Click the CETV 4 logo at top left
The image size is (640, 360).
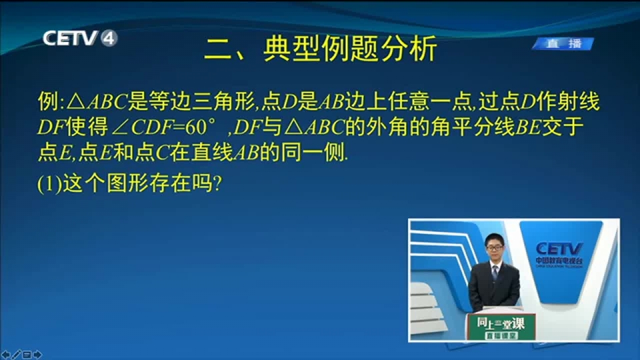coord(80,39)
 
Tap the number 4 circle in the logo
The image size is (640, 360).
coord(109,39)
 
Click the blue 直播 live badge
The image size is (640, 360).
coord(563,44)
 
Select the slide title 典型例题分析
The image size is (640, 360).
coord(351,49)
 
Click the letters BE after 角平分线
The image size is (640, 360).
coord(528,127)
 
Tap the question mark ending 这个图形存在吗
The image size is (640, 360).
coord(217,183)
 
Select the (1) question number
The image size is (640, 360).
coord(49,184)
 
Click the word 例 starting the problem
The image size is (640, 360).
coord(48,101)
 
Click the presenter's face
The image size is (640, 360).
coord(495,249)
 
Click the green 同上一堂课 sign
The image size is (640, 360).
coord(501,327)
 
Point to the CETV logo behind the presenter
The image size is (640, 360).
coord(559,254)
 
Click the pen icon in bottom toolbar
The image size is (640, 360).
coord(16,355)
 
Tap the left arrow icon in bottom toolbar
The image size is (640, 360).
coord(6,355)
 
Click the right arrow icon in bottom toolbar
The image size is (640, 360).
coord(37,355)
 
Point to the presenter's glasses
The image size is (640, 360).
coord(494,247)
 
